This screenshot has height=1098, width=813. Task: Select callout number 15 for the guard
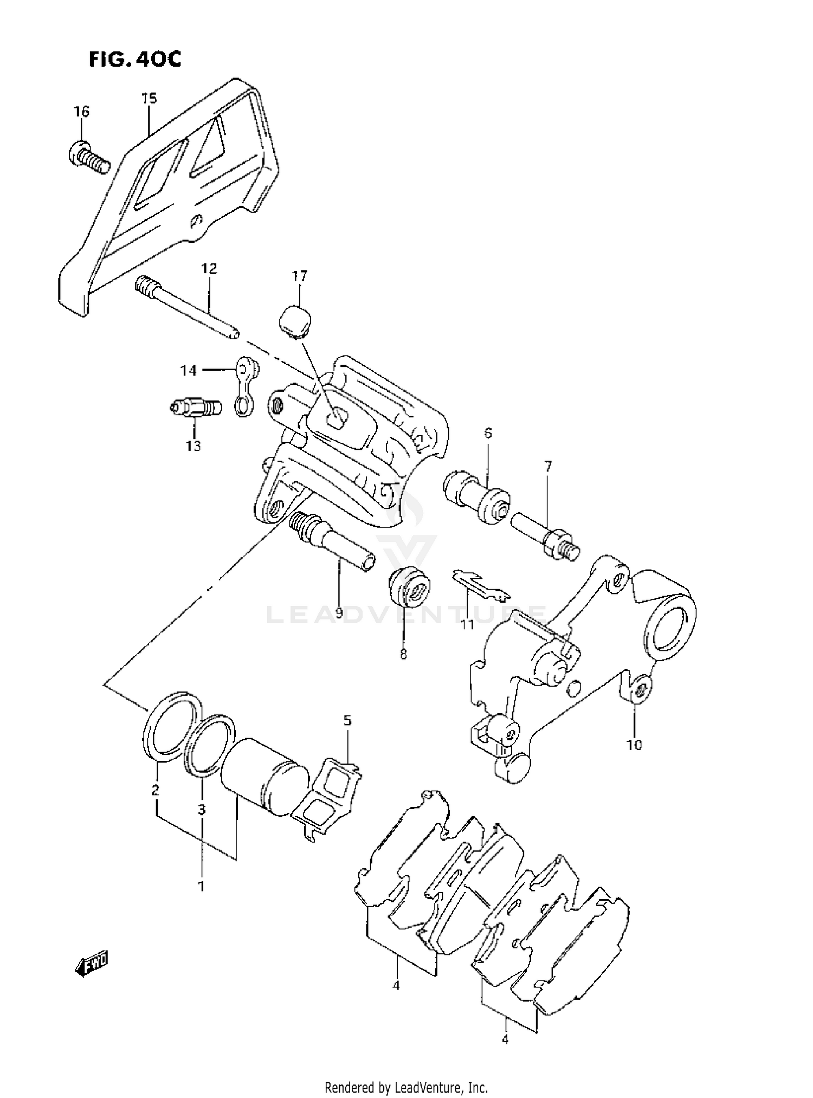149,99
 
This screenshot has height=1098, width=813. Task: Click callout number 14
188,371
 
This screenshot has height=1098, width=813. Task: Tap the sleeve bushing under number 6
476,496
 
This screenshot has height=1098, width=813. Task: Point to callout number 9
339,613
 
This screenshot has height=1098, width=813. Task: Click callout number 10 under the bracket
634,745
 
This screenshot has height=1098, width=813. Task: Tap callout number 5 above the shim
347,720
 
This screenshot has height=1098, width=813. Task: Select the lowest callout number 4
505,1039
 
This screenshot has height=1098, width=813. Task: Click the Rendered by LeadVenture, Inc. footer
406,1087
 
